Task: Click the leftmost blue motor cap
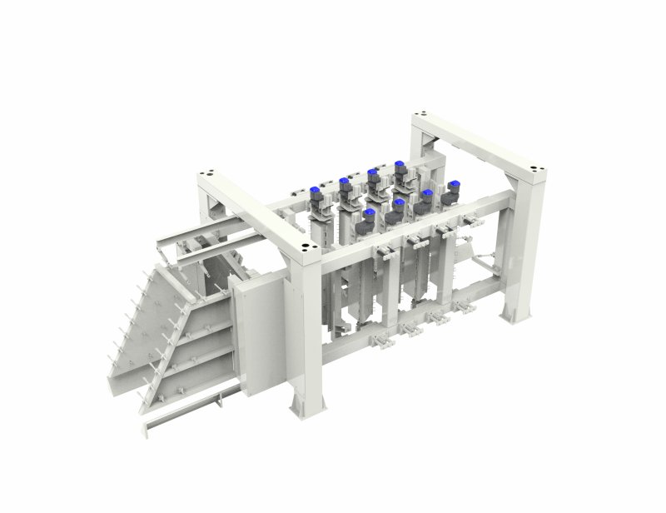pos(316,190)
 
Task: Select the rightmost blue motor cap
pos(453,184)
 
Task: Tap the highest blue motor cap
pos(400,164)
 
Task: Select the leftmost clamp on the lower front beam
pos(379,341)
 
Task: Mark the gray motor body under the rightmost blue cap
pos(450,199)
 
